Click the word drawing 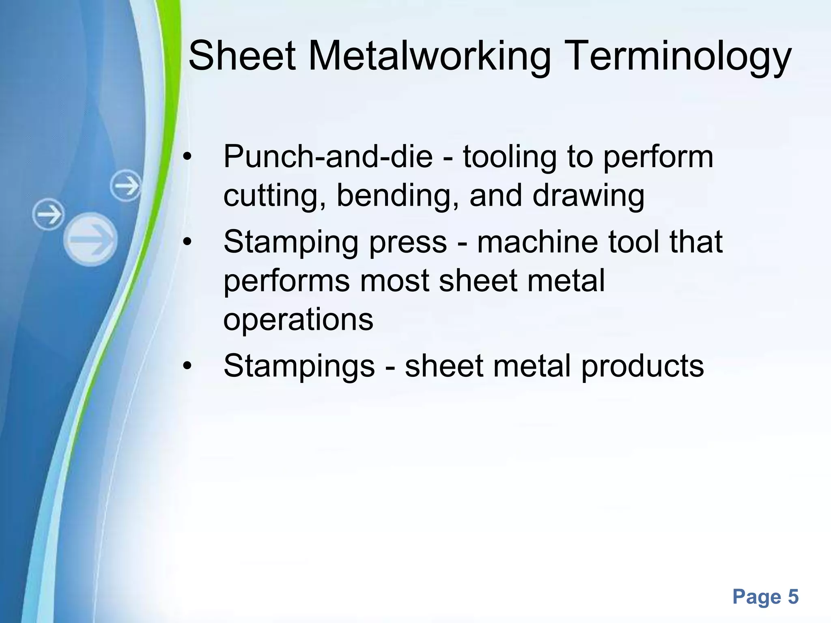(x=588, y=196)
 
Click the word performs (x=286, y=281)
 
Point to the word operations (x=298, y=320)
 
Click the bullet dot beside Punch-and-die (x=187, y=158)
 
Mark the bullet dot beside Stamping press (x=187, y=243)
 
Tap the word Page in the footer (x=757, y=597)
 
